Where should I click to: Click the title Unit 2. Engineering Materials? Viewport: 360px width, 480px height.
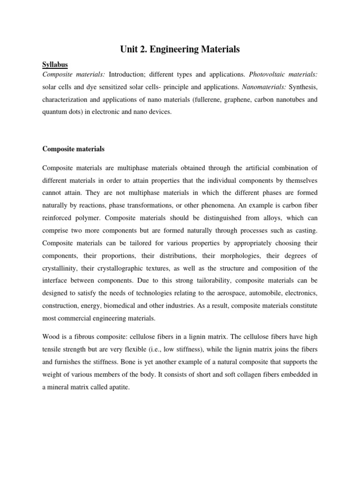[x=180, y=49]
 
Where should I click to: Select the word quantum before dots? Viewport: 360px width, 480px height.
[x=56, y=112]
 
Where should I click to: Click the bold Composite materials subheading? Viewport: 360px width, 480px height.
[x=74, y=149]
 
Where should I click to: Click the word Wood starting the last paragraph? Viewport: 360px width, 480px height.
[x=51, y=337]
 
